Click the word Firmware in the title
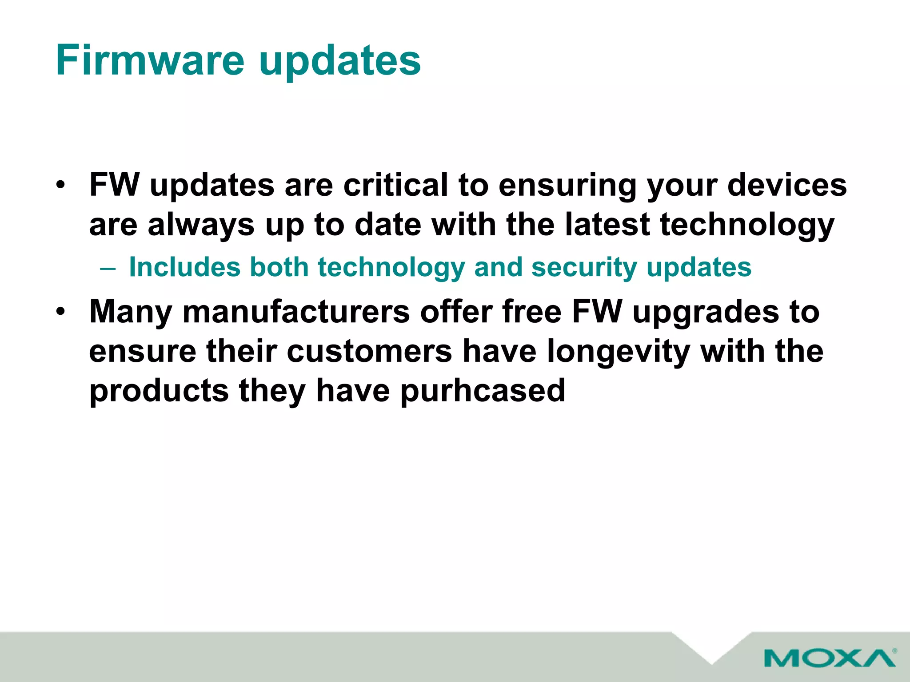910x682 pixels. (x=150, y=60)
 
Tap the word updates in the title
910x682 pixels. (x=340, y=62)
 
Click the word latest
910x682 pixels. (x=607, y=224)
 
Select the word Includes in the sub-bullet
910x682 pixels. (x=185, y=267)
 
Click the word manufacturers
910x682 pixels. (x=296, y=312)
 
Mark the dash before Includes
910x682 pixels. (x=108, y=268)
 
